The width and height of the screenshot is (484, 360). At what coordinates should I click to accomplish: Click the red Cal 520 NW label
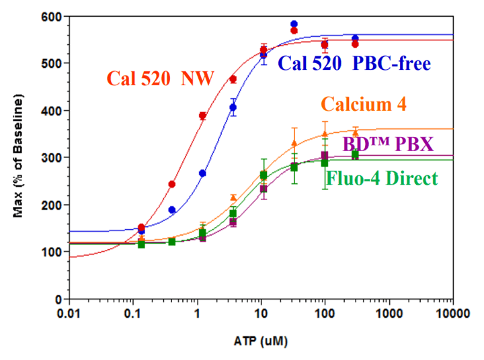pos(160,79)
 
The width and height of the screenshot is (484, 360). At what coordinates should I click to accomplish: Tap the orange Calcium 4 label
pos(363,105)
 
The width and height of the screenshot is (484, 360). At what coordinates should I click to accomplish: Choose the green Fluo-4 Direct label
pos(382,179)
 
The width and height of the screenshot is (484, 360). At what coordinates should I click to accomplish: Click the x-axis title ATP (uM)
pos(260,341)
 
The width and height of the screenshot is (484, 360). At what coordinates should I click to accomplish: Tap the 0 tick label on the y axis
pos(58,300)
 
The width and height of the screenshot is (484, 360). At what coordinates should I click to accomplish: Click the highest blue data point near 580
pos(294,24)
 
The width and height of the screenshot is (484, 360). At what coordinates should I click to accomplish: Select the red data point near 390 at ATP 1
pos(202,116)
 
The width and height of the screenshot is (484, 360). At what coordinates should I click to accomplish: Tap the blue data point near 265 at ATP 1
pos(202,173)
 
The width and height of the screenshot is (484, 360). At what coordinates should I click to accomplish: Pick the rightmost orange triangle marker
pos(356,132)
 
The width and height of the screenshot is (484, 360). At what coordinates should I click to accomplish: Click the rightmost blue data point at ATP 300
pos(355,38)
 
